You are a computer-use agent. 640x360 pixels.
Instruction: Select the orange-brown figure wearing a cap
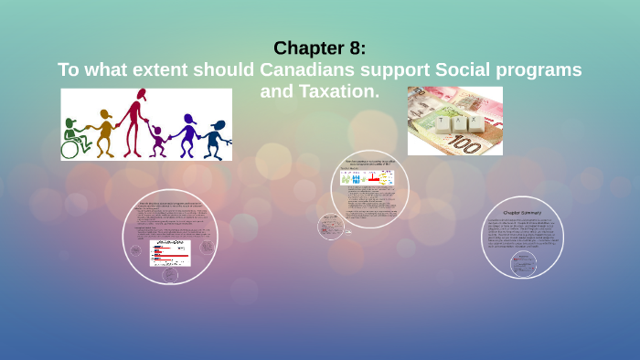pos(105,133)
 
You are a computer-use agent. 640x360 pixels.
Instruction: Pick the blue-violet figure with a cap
pos(188,134)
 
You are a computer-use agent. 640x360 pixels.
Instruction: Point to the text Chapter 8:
pos(319,48)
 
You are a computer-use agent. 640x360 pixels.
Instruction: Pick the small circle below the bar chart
pos(170,273)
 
